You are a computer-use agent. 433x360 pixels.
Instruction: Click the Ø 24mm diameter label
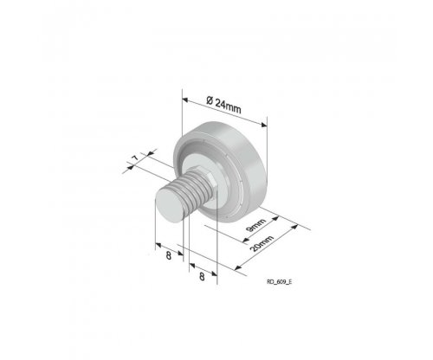pos(223,105)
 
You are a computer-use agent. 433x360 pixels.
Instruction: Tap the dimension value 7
pos(135,157)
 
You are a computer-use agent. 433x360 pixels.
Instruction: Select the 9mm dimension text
pos(255,225)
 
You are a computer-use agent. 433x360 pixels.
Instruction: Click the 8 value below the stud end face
pos(169,255)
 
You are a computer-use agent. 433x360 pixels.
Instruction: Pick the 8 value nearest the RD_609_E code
pos(202,277)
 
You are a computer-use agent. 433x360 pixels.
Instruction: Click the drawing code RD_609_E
pos(279,282)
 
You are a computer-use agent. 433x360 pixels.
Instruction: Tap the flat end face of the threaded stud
pos(169,207)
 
